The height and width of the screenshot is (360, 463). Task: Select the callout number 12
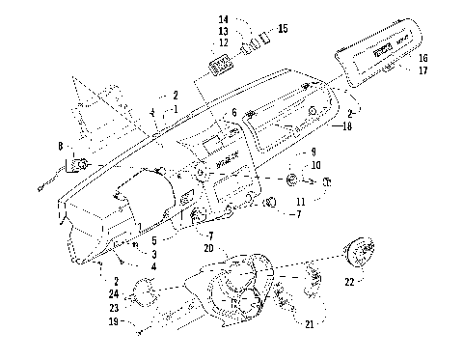(x=224, y=42)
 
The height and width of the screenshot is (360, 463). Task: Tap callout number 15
(x=282, y=30)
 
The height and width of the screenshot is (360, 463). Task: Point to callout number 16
(x=422, y=58)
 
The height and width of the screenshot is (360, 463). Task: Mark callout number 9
(x=312, y=152)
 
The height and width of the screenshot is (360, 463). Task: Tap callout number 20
(x=208, y=246)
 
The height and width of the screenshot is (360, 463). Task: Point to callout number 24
(x=114, y=292)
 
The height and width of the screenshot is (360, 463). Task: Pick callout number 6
(x=232, y=113)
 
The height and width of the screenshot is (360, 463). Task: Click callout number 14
(x=224, y=19)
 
